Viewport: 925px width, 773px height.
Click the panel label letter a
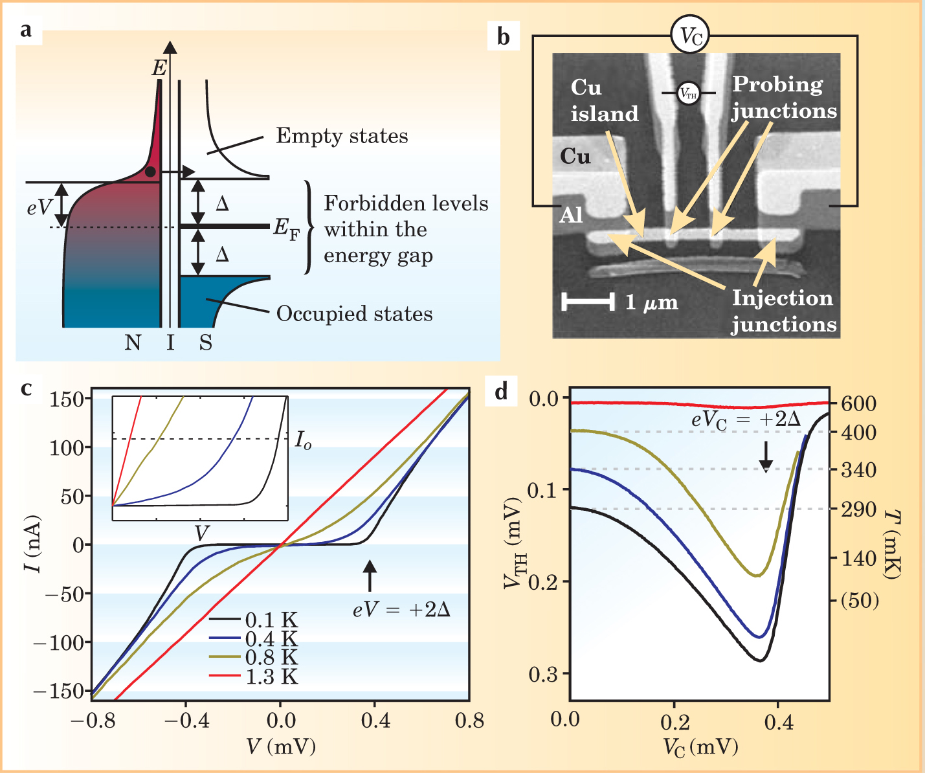tap(26, 30)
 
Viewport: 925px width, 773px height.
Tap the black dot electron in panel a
tap(150, 172)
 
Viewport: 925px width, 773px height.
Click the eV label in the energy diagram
tap(40, 207)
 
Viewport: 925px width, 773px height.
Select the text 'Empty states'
tap(342, 136)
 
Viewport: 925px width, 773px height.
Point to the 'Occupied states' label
tap(354, 314)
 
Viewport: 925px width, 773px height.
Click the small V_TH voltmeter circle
tap(688, 93)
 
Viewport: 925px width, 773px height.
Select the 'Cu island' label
tap(603, 101)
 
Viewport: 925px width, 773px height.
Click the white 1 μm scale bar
tap(588, 301)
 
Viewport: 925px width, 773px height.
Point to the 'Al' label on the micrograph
tap(571, 215)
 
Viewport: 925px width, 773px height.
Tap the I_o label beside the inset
tap(303, 440)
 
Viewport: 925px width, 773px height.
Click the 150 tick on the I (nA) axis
tap(67, 399)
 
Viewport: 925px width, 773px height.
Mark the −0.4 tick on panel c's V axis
tap(185, 721)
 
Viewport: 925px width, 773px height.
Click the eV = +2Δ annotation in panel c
tap(401, 610)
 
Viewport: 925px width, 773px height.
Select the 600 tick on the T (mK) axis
tap(858, 403)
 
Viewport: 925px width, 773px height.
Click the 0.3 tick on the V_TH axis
tap(546, 674)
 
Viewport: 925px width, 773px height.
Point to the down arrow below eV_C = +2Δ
tap(766, 457)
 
